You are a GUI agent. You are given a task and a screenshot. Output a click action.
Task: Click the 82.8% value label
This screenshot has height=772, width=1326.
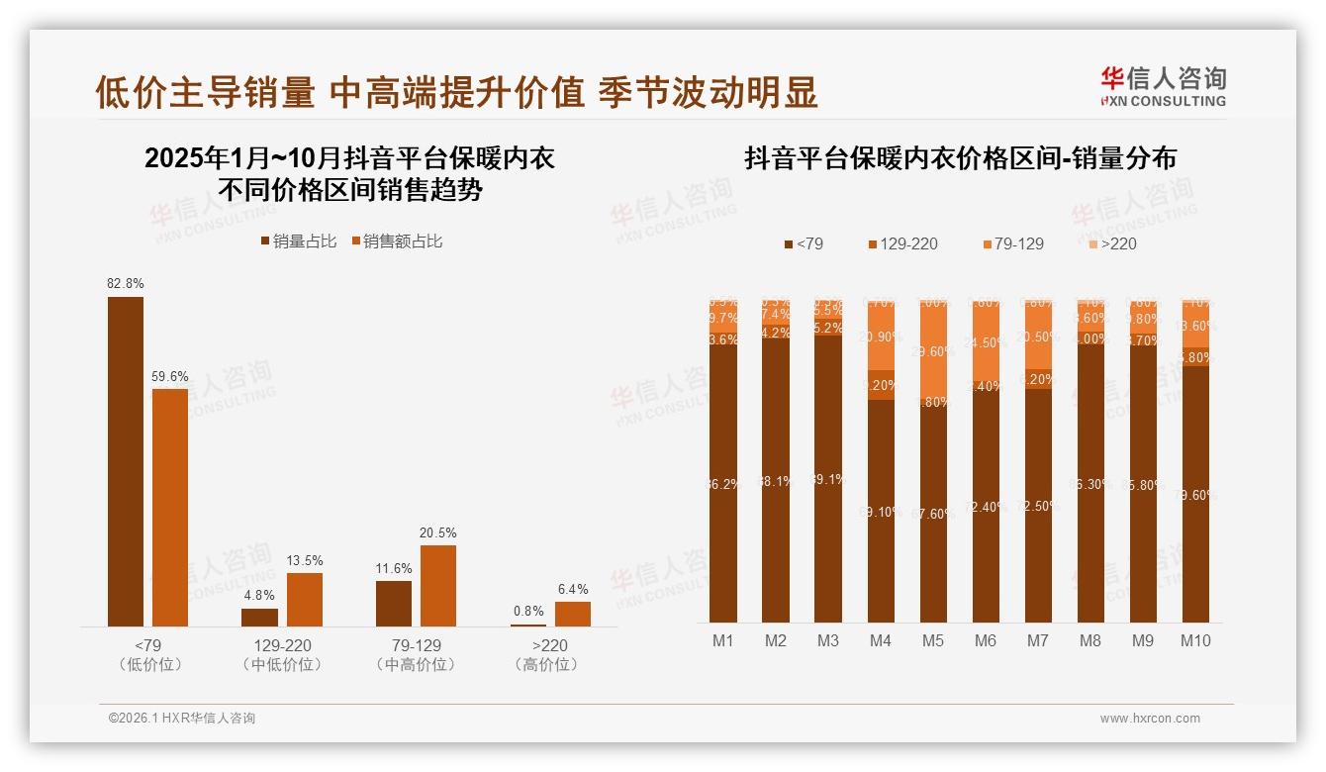pos(126,283)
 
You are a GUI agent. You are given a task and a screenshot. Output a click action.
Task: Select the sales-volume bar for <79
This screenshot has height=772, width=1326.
pos(126,461)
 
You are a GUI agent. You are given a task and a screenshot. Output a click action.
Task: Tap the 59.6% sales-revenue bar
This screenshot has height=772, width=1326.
pos(169,507)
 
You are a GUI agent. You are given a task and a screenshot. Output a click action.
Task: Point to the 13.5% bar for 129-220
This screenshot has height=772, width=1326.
pos(304,599)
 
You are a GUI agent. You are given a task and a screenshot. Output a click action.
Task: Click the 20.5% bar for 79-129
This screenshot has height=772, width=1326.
pos(438,585)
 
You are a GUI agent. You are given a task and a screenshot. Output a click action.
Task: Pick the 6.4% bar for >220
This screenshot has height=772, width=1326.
pos(572,614)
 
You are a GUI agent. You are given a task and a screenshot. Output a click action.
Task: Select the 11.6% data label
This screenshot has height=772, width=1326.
pos(394,568)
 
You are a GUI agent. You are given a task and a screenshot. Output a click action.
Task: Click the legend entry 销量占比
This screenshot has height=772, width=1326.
pos(298,241)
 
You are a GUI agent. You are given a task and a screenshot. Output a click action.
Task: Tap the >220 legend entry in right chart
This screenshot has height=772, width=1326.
pos(1112,243)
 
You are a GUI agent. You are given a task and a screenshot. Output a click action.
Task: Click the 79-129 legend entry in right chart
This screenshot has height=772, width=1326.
pos(1012,243)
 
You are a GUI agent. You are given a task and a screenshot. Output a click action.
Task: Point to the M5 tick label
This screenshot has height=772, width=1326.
pos(932,640)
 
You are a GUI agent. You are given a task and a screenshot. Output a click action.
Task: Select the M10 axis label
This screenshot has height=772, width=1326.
pos(1195,640)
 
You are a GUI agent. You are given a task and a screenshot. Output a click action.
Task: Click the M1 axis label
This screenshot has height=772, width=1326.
pos(723,640)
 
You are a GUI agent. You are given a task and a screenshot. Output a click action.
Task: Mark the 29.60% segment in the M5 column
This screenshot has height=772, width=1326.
pos(932,351)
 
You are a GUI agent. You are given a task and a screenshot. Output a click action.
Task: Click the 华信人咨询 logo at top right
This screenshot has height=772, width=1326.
pos(1163,86)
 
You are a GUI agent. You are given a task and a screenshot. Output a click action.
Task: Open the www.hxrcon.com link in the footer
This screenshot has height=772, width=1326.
pos(1150,719)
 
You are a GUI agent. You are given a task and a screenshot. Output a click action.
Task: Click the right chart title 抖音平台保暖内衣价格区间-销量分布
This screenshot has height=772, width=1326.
pos(960,158)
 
